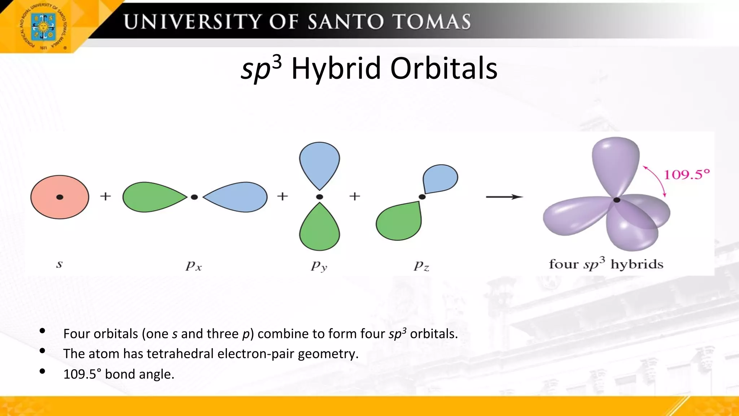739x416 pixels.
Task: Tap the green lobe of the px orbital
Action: (x=152, y=197)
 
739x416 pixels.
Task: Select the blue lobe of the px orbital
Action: (x=238, y=197)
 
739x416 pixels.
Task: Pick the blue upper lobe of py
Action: (x=319, y=162)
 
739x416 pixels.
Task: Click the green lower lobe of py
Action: (x=319, y=229)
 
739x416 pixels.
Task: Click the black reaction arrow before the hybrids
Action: (x=504, y=197)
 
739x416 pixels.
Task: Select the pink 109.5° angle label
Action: (x=687, y=175)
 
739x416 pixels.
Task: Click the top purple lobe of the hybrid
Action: (x=615, y=162)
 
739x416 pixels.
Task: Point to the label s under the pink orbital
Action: (x=60, y=264)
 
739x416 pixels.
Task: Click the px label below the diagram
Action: (x=194, y=266)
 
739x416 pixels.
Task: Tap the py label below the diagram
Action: (x=319, y=266)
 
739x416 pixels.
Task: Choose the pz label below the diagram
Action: (x=421, y=266)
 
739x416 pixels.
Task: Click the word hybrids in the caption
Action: (x=637, y=264)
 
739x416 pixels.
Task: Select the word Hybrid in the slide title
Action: (x=336, y=68)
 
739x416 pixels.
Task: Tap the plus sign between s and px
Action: (x=105, y=196)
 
